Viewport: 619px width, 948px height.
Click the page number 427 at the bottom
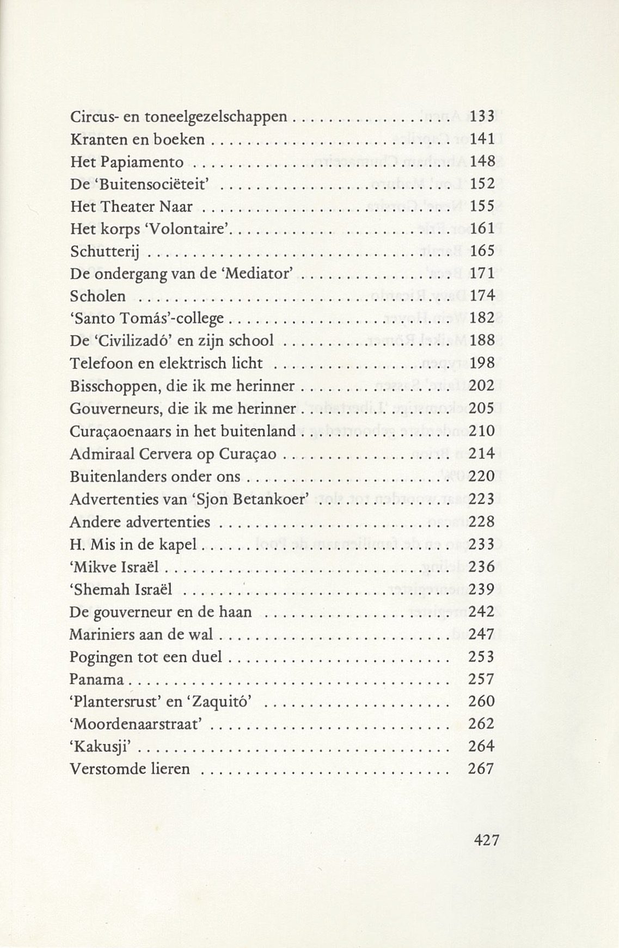click(x=486, y=840)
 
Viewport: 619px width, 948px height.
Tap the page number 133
click(x=482, y=116)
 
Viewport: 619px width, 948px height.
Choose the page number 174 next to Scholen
click(x=482, y=296)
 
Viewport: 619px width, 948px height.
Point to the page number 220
click(x=482, y=476)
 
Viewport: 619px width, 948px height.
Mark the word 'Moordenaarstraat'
click(x=137, y=724)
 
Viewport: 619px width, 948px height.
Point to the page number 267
click(x=481, y=769)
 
